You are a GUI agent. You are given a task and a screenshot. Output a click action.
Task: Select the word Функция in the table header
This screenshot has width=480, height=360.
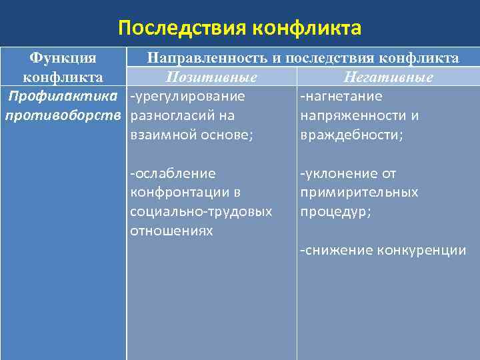pyautogui.click(x=63, y=59)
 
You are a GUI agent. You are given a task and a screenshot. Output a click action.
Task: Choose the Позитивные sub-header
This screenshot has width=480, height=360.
pyautogui.click(x=211, y=77)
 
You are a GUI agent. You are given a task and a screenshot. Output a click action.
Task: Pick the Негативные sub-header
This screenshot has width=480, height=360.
pyautogui.click(x=386, y=77)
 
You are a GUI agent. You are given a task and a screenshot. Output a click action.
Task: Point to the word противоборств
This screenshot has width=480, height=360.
pyautogui.click(x=63, y=116)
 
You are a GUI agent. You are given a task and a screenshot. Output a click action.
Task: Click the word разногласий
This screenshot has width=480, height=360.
pyautogui.click(x=172, y=116)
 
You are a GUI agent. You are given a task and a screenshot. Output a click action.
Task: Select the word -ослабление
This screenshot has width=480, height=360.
pyautogui.click(x=173, y=174)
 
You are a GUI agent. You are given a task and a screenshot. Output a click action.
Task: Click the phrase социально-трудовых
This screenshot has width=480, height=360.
pyautogui.click(x=201, y=212)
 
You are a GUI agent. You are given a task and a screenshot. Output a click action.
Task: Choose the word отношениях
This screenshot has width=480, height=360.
pyautogui.click(x=171, y=231)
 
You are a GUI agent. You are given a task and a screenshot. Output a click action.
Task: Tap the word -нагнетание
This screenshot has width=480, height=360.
pyautogui.click(x=341, y=97)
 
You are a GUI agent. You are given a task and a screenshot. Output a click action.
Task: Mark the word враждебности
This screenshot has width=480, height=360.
pyautogui.click(x=351, y=135)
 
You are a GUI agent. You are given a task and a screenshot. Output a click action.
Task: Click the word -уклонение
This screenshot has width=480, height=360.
pyautogui.click(x=340, y=174)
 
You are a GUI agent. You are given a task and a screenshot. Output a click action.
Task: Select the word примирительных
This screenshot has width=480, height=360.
pyautogui.click(x=359, y=193)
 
